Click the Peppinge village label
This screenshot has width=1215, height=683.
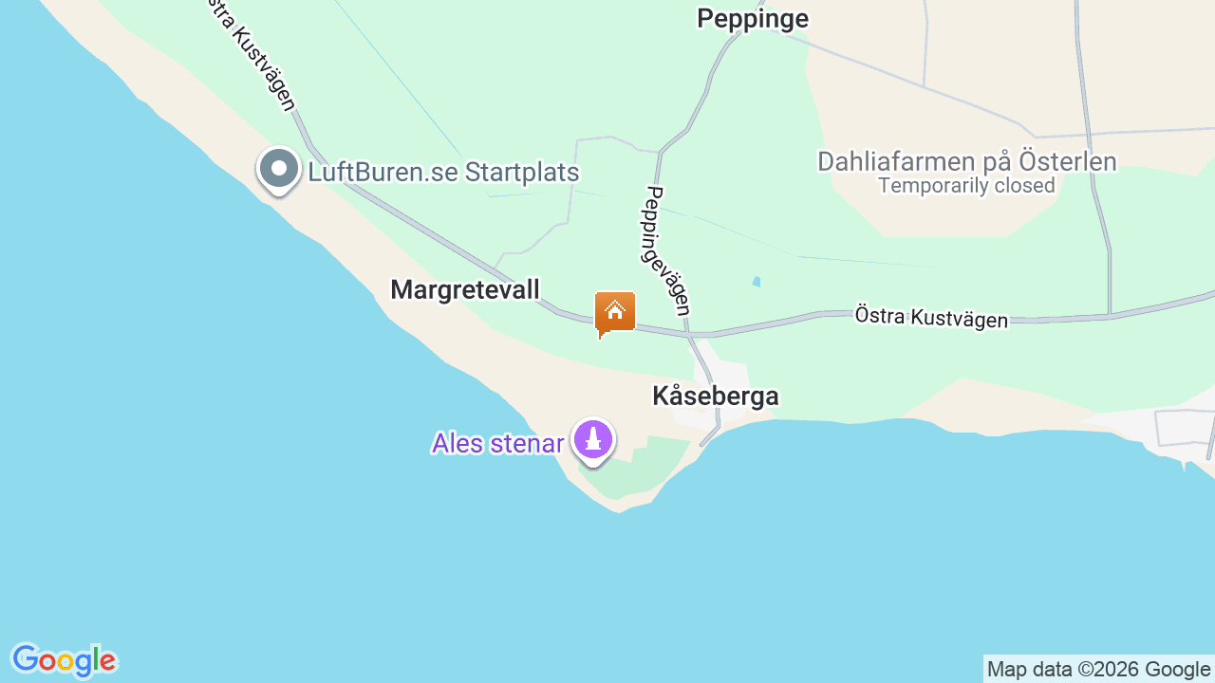[753, 19]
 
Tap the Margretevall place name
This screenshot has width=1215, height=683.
[465, 289]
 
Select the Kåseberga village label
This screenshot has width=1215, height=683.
[716, 397]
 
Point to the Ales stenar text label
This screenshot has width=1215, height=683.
[497, 443]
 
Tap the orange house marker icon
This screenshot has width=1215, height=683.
[614, 312]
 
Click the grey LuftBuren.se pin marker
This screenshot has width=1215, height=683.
[279, 170]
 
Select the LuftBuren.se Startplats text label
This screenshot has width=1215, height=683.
[443, 173]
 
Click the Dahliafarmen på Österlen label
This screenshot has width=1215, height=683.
[966, 161]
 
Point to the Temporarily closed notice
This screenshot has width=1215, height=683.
[966, 186]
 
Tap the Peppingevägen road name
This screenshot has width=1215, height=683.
[667, 250]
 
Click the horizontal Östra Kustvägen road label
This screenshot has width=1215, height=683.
[931, 317]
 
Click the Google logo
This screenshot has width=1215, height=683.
[64, 660]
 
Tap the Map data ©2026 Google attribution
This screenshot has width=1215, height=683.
[1098, 669]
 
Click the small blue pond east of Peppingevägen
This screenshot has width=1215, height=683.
[757, 282]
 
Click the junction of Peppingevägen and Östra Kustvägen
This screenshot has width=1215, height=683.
[690, 334]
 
